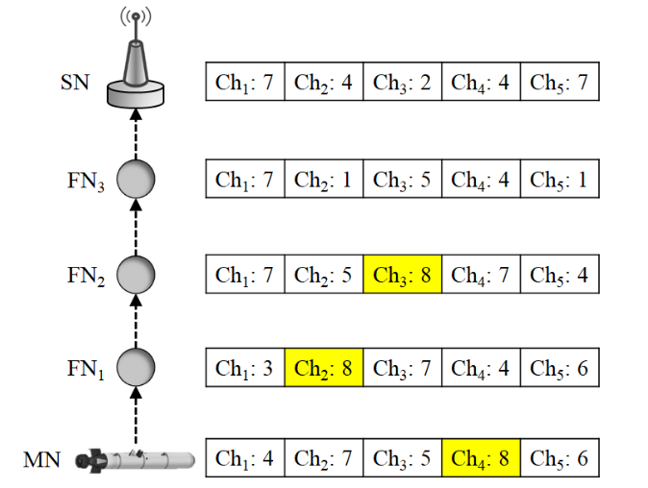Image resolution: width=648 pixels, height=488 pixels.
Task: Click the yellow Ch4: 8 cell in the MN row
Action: (x=481, y=459)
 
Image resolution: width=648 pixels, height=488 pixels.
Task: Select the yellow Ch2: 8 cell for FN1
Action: (x=324, y=367)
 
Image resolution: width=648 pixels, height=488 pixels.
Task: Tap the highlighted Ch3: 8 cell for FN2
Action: (x=403, y=276)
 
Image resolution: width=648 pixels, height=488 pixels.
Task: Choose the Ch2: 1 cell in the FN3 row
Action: (x=324, y=180)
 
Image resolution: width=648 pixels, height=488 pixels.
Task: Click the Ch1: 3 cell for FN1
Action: (x=245, y=367)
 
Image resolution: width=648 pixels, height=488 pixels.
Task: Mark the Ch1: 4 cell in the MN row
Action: (x=245, y=459)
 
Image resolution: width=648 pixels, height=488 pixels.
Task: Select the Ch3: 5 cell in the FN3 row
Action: (x=403, y=180)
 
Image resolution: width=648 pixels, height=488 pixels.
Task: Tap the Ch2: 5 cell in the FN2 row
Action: (x=324, y=276)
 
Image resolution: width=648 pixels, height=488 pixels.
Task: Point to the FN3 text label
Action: (x=84, y=180)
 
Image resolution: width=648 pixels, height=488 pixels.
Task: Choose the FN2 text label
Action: (x=84, y=276)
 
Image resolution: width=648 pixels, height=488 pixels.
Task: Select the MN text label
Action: (x=42, y=459)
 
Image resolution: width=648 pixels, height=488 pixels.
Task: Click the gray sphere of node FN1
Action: (x=136, y=366)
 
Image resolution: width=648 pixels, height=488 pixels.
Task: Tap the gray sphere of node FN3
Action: (x=136, y=180)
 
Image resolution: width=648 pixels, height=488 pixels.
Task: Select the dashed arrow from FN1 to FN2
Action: (x=136, y=321)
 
